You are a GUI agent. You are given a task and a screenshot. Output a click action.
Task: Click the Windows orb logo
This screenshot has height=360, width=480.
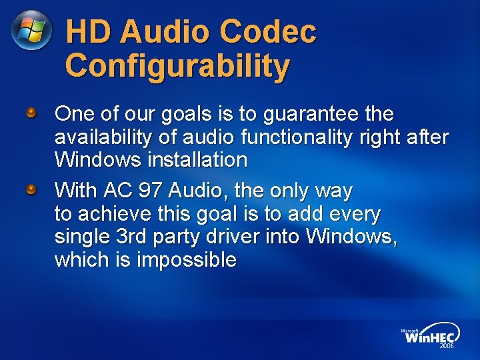point(31,31)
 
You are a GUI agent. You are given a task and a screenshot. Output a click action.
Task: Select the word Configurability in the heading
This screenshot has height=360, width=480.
point(178,67)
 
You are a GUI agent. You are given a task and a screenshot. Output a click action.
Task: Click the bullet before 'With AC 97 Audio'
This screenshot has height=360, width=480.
point(31,190)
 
